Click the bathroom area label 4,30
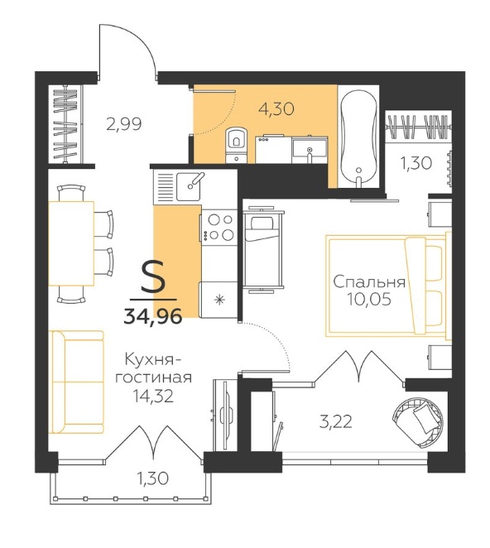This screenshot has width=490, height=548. click(276, 109)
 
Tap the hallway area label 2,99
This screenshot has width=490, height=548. click(124, 124)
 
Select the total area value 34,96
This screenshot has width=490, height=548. click(153, 317)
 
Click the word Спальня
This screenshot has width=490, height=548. click(369, 281)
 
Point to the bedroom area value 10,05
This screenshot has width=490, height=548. click(369, 299)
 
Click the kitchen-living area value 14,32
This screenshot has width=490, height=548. click(153, 396)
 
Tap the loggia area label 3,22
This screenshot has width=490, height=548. click(336, 421)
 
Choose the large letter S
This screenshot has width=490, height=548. click(153, 278)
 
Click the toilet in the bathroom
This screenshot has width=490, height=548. click(237, 145)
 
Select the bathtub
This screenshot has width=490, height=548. click(358, 137)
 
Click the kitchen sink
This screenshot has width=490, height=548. click(189, 186)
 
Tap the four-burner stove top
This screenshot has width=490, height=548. click(219, 227)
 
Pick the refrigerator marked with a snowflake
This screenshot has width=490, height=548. click(219, 300)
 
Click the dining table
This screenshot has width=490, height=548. click(71, 243)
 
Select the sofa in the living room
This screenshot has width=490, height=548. click(78, 382)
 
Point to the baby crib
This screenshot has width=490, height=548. click(264, 249)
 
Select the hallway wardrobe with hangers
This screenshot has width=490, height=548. click(65, 124)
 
